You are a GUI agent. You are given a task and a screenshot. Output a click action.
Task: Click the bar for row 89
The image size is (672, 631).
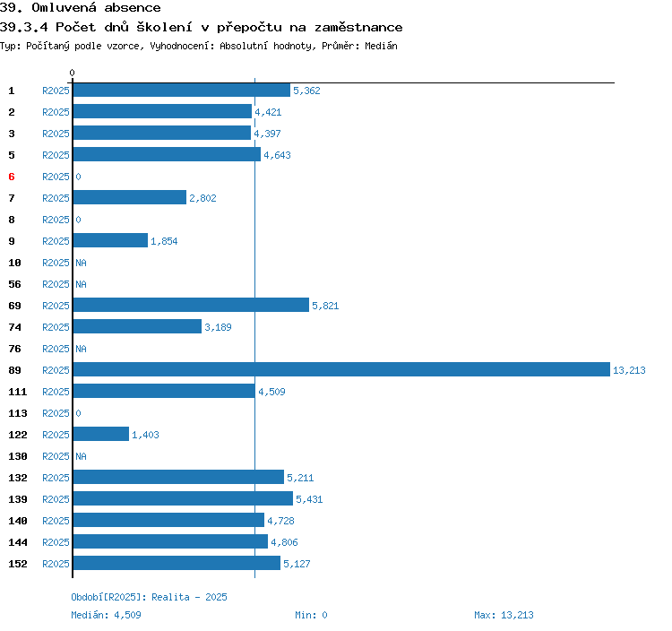pos(340,370)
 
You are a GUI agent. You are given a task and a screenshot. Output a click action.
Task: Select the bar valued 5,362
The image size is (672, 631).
pos(181,91)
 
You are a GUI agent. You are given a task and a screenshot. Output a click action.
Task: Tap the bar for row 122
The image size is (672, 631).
pos(100,435)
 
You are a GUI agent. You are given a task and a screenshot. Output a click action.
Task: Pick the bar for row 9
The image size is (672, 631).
pos(110,241)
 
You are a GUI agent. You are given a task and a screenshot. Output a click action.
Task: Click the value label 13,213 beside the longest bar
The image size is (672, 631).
pos(629,370)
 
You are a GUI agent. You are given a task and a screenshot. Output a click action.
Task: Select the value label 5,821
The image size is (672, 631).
pos(325,306)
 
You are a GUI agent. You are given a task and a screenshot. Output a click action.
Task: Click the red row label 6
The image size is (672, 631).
pos(12,177)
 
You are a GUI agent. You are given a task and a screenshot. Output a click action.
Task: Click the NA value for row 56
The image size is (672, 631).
pos(81,284)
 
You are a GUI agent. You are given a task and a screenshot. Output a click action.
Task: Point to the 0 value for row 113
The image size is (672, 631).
pos(78,413)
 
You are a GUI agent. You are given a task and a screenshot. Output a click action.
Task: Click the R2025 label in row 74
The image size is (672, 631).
pos(56,327)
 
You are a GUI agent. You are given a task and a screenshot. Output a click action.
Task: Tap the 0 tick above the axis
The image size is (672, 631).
pos(73,73)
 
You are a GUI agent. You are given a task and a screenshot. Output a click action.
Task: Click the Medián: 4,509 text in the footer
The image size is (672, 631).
pos(106,615)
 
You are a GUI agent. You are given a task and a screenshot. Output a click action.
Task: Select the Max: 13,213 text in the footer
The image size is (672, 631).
pos(504,615)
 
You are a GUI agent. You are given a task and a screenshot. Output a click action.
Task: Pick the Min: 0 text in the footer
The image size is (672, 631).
pos(311,615)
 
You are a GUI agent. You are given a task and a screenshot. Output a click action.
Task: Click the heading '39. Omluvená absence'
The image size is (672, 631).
pos(81,8)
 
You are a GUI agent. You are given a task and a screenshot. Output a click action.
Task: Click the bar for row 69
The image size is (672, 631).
pos(190,306)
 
